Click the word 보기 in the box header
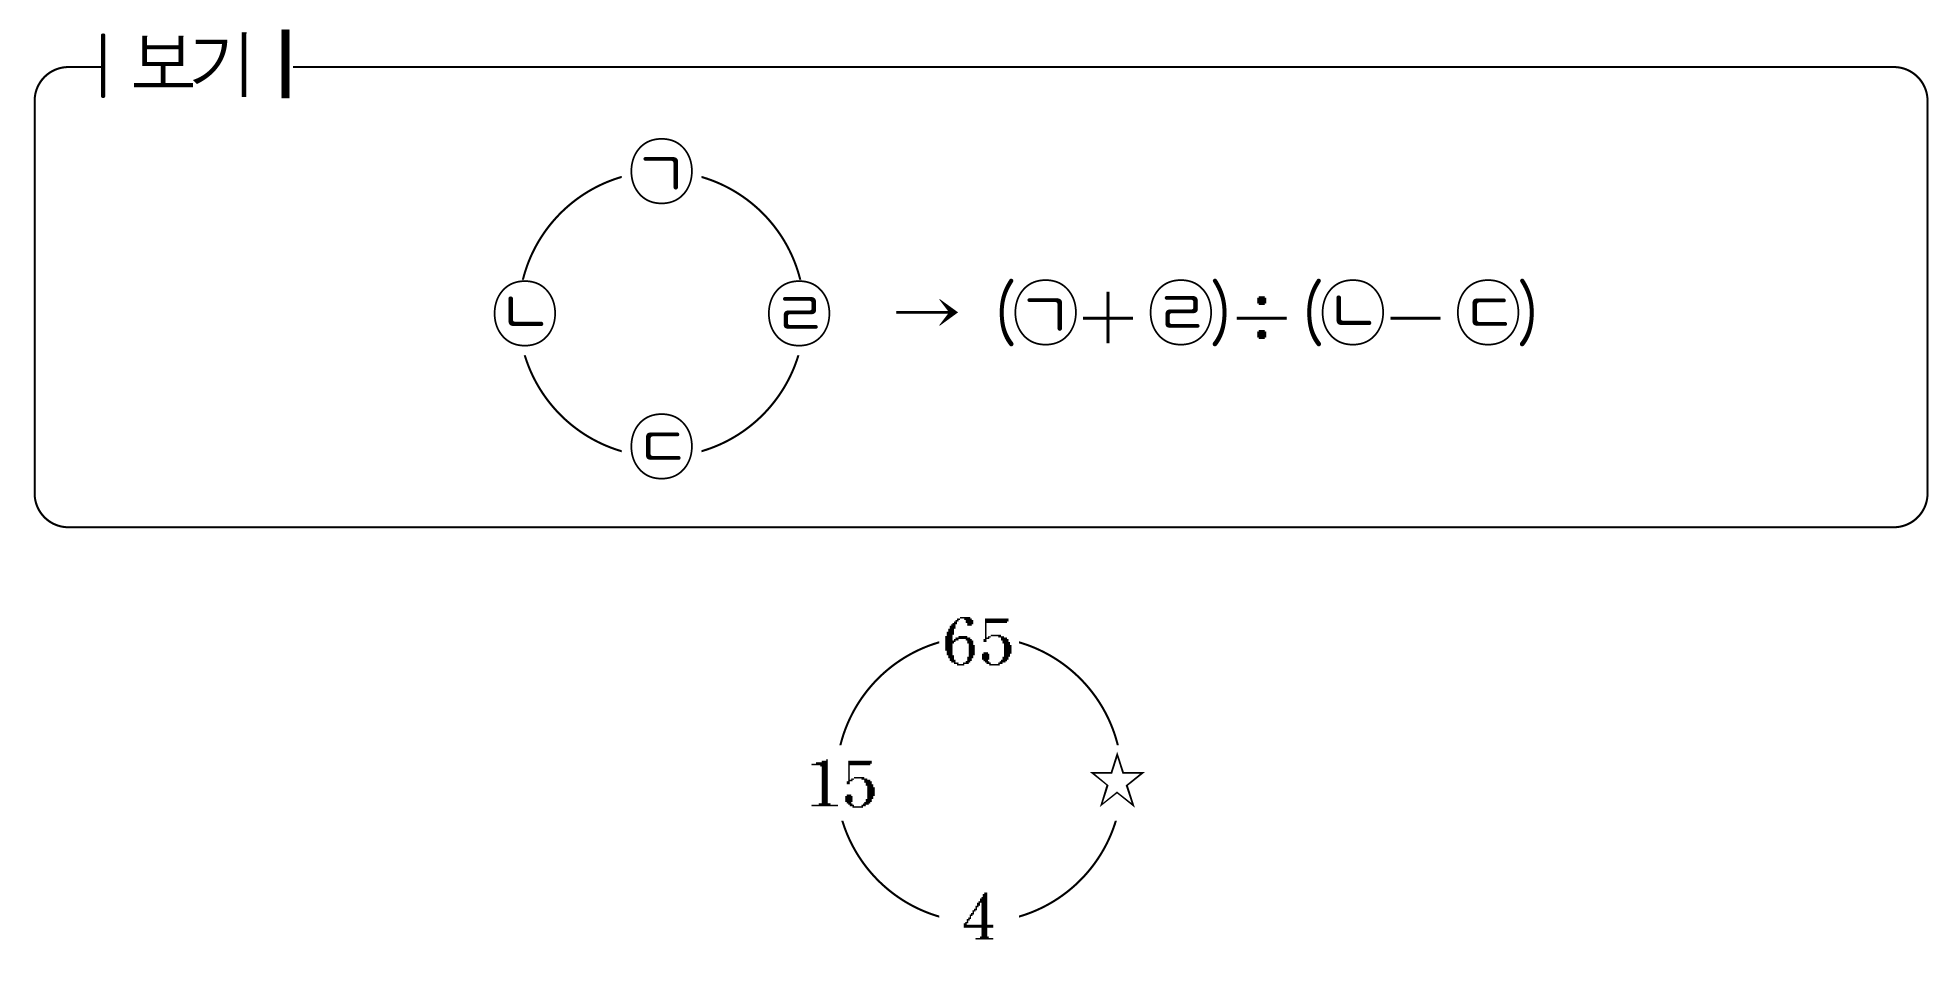point(190,66)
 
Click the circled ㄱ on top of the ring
point(662,173)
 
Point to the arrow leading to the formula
point(927,313)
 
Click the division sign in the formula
point(1263,318)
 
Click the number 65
point(978,641)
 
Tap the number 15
point(842,783)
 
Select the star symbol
point(1117,781)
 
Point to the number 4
point(979,917)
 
